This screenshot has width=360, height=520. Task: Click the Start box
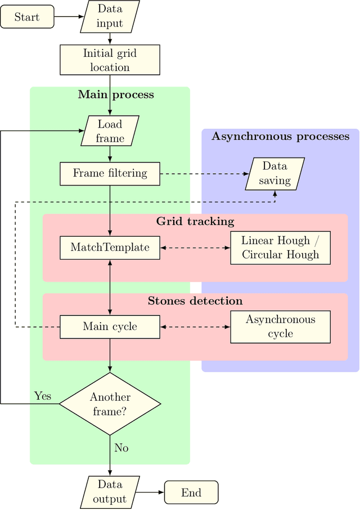(x=27, y=17)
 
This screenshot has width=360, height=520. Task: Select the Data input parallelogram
(x=110, y=17)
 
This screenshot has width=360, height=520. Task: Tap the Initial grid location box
(x=110, y=60)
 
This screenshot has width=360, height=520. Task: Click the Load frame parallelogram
(x=110, y=131)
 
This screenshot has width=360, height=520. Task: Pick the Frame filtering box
(x=110, y=173)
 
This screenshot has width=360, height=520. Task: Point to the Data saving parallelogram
(x=275, y=173)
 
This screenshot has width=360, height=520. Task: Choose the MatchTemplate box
(x=110, y=247)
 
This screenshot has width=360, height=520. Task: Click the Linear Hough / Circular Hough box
(x=280, y=247)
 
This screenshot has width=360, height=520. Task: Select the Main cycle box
(x=110, y=327)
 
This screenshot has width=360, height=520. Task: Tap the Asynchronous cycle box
(x=280, y=327)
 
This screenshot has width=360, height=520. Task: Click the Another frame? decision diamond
(x=110, y=404)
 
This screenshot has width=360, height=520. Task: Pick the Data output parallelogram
(x=110, y=492)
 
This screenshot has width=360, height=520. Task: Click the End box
(x=191, y=492)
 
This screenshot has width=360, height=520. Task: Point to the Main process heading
(x=115, y=94)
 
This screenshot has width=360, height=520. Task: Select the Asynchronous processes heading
(x=280, y=137)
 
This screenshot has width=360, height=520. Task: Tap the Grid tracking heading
(x=195, y=221)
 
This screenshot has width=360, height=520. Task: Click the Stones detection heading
(x=195, y=301)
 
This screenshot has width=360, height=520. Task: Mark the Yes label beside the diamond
(x=43, y=396)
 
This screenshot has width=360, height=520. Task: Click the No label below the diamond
(x=121, y=448)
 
